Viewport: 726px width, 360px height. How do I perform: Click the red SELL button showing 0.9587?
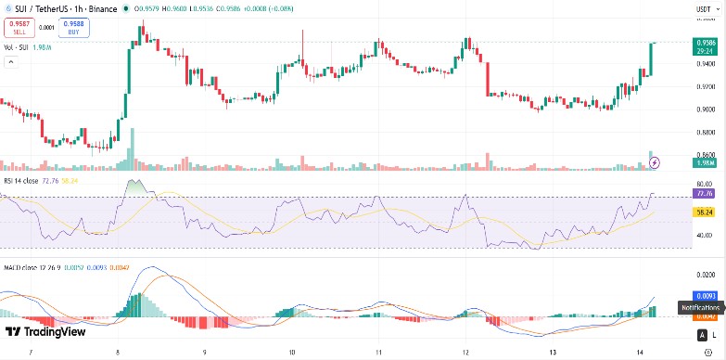(19, 28)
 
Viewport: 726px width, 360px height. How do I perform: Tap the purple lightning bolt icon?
(656, 162)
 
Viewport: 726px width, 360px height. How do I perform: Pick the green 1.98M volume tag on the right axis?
(703, 163)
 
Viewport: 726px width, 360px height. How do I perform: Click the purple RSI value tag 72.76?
(703, 194)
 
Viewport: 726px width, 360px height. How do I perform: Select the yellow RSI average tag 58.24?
(703, 212)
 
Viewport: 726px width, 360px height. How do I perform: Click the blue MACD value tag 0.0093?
(703, 295)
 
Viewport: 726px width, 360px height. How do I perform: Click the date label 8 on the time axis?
(118, 354)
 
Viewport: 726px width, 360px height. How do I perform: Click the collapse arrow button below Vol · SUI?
(12, 62)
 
